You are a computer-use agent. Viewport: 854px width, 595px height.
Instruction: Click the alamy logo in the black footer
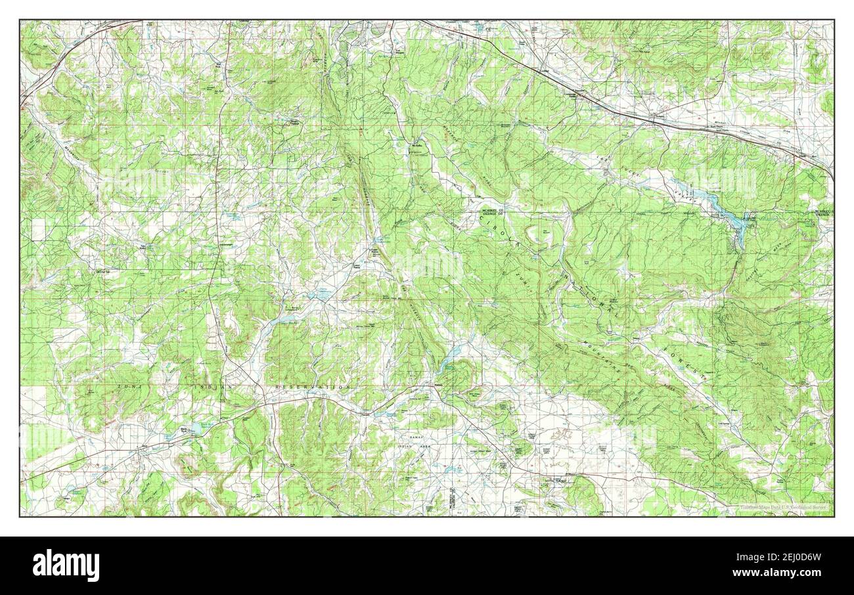tap(66, 565)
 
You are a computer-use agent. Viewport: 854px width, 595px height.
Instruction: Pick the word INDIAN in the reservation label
tap(213, 388)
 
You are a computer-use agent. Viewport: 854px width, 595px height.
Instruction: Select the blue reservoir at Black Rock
tap(195, 429)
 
